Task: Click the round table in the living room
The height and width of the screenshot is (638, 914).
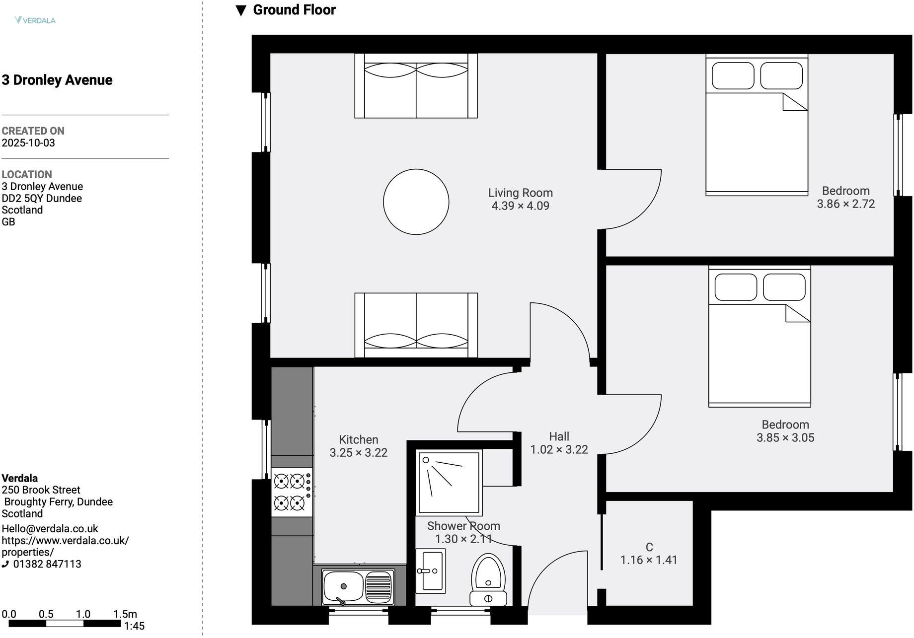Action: pyautogui.click(x=416, y=202)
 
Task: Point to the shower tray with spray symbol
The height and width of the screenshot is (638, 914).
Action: pyautogui.click(x=449, y=482)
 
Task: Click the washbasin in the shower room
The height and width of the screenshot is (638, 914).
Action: pyautogui.click(x=430, y=571)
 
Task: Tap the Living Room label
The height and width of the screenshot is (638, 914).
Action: pyautogui.click(x=520, y=193)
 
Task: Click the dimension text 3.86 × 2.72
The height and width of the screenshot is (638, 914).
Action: pyautogui.click(x=845, y=204)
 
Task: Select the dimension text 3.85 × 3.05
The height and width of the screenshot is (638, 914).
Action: pyautogui.click(x=785, y=438)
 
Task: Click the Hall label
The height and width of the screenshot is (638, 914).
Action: pyautogui.click(x=559, y=436)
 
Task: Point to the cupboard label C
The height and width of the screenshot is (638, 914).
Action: pyautogui.click(x=649, y=547)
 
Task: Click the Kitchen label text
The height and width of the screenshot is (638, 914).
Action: pyautogui.click(x=358, y=439)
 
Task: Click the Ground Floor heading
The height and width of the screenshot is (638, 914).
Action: pyautogui.click(x=294, y=10)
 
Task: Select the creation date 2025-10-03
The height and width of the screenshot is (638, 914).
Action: pyautogui.click(x=28, y=143)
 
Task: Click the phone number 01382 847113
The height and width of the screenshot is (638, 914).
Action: pyautogui.click(x=47, y=564)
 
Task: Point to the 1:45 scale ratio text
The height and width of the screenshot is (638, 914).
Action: pyautogui.click(x=134, y=626)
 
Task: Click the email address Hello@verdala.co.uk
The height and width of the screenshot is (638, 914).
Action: pyautogui.click(x=50, y=529)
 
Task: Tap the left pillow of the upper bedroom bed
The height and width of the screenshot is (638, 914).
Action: pyautogui.click(x=732, y=75)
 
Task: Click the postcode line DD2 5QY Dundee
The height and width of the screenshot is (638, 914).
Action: pyautogui.click(x=42, y=198)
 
